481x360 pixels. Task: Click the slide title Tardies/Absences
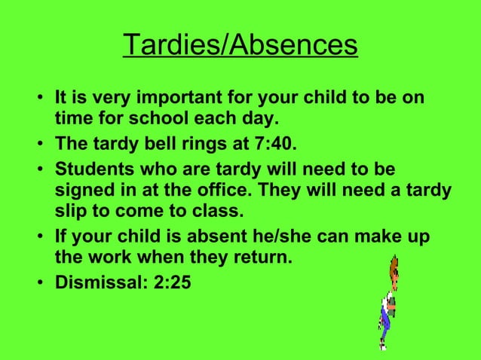click(240, 45)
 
